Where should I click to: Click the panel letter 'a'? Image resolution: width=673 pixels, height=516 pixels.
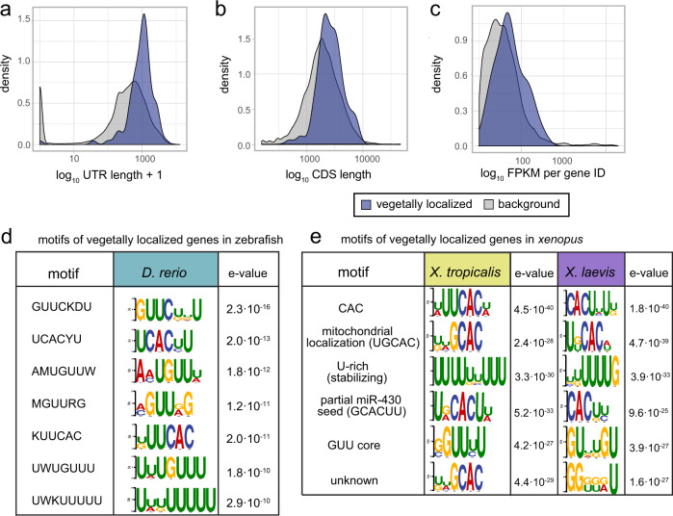[7, 10]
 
